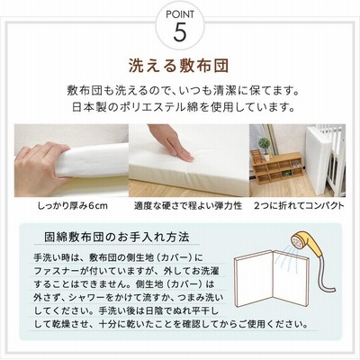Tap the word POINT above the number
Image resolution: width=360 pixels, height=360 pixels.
click(x=180, y=14)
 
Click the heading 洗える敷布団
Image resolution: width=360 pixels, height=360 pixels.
click(x=179, y=66)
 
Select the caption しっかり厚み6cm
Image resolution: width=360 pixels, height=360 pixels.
click(x=73, y=206)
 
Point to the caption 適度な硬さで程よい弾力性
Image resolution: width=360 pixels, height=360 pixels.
click(x=188, y=206)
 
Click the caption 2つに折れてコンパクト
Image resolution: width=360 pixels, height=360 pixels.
click(x=299, y=206)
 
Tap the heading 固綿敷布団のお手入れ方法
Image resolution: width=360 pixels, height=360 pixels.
click(x=117, y=237)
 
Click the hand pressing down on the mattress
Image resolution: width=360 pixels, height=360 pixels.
click(x=171, y=142)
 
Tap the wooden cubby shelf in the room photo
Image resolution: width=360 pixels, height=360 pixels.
click(x=277, y=168)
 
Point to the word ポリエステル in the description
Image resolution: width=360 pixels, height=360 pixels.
click(x=154, y=107)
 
